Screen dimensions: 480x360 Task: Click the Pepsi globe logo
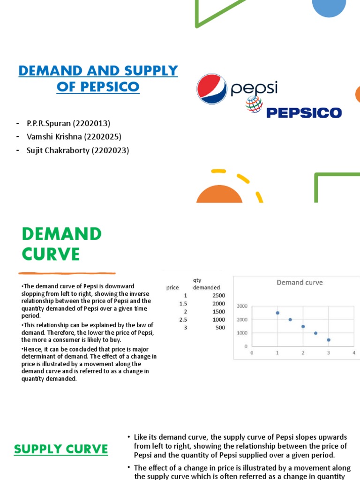(212, 89)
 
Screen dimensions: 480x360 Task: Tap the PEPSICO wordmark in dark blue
(304, 112)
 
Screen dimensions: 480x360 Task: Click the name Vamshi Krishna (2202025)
(74, 137)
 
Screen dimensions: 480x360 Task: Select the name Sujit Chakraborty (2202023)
(78, 150)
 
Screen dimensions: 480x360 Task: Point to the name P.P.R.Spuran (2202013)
(68, 123)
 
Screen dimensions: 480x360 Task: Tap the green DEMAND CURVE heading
(61, 244)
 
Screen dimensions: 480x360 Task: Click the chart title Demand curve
(300, 282)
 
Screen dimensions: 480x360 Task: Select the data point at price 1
(277, 313)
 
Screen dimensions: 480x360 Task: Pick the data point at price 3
(329, 340)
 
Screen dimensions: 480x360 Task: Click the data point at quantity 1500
(303, 326)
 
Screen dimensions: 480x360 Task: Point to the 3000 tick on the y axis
(242, 306)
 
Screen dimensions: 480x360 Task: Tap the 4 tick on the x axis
(354, 352)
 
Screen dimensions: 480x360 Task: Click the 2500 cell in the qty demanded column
(218, 296)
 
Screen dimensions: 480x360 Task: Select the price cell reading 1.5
(182, 304)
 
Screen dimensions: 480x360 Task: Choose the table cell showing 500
(220, 328)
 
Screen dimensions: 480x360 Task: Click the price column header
(172, 287)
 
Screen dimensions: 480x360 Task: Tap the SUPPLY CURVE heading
(61, 450)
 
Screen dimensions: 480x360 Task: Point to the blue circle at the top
(329, 6)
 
